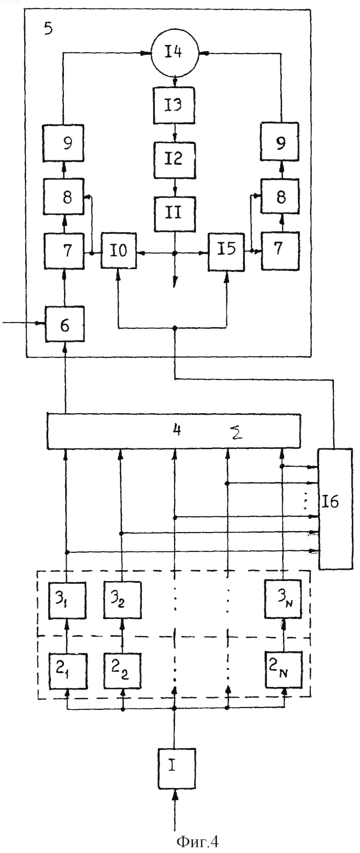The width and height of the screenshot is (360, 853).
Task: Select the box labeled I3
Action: point(174,105)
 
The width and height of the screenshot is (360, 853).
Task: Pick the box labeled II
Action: point(175,214)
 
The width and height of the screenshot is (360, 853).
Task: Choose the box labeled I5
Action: point(226,251)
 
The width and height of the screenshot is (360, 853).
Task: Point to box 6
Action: point(64,324)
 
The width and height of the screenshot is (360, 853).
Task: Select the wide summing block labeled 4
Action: point(174,431)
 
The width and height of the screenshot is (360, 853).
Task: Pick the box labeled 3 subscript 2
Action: point(122,600)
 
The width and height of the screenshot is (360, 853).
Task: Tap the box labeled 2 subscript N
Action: point(283,669)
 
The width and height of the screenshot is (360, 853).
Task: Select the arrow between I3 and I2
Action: point(175,133)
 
